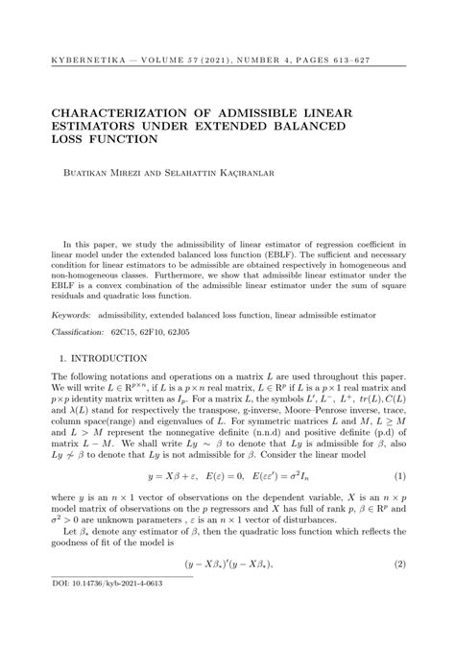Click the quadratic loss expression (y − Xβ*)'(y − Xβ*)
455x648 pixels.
227,565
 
